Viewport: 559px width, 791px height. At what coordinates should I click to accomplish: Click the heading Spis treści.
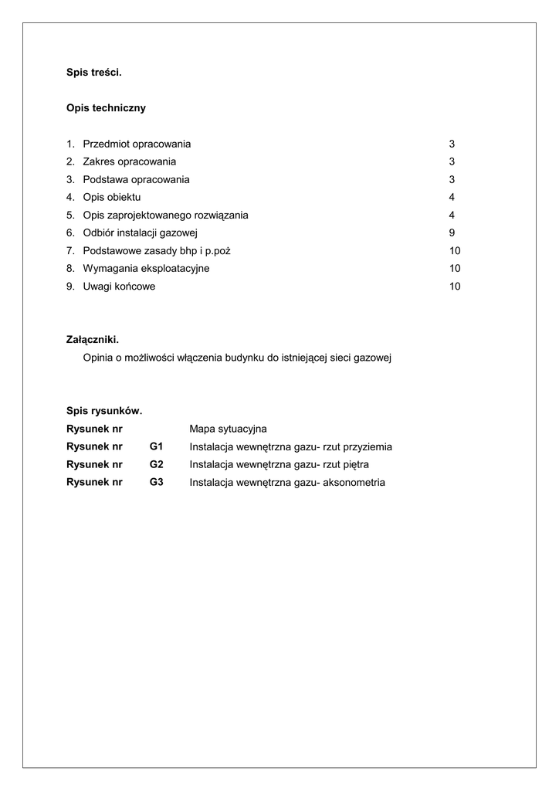point(94,73)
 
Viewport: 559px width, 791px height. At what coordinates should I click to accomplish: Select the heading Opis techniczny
point(106,108)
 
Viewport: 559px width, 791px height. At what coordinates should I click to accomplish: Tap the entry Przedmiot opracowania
point(137,144)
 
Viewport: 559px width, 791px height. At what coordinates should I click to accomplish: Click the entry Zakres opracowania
point(129,162)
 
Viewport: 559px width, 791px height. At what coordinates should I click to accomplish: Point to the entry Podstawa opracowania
point(136,180)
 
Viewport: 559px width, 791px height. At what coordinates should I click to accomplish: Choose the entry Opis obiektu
point(112,198)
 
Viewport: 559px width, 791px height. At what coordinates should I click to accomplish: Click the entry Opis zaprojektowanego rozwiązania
point(165,216)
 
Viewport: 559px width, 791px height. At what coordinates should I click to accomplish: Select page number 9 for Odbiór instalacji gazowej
point(452,233)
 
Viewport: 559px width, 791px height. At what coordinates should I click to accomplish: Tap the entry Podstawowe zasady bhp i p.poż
point(157,251)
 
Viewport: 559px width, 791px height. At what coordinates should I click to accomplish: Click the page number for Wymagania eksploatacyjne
point(455,269)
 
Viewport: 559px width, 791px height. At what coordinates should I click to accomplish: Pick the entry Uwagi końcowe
point(119,287)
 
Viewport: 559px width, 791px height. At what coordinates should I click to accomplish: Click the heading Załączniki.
point(93,340)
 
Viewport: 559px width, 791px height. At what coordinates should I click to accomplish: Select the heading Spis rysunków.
point(104,411)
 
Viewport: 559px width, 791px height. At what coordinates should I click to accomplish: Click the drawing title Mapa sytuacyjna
point(228,429)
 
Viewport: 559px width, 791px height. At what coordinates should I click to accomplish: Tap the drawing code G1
point(157,446)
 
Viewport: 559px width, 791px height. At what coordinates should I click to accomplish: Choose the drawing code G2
point(157,465)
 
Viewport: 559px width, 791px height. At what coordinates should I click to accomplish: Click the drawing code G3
point(157,483)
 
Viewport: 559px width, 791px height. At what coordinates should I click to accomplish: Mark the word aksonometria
point(354,483)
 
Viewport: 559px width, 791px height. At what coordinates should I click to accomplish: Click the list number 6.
point(70,233)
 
